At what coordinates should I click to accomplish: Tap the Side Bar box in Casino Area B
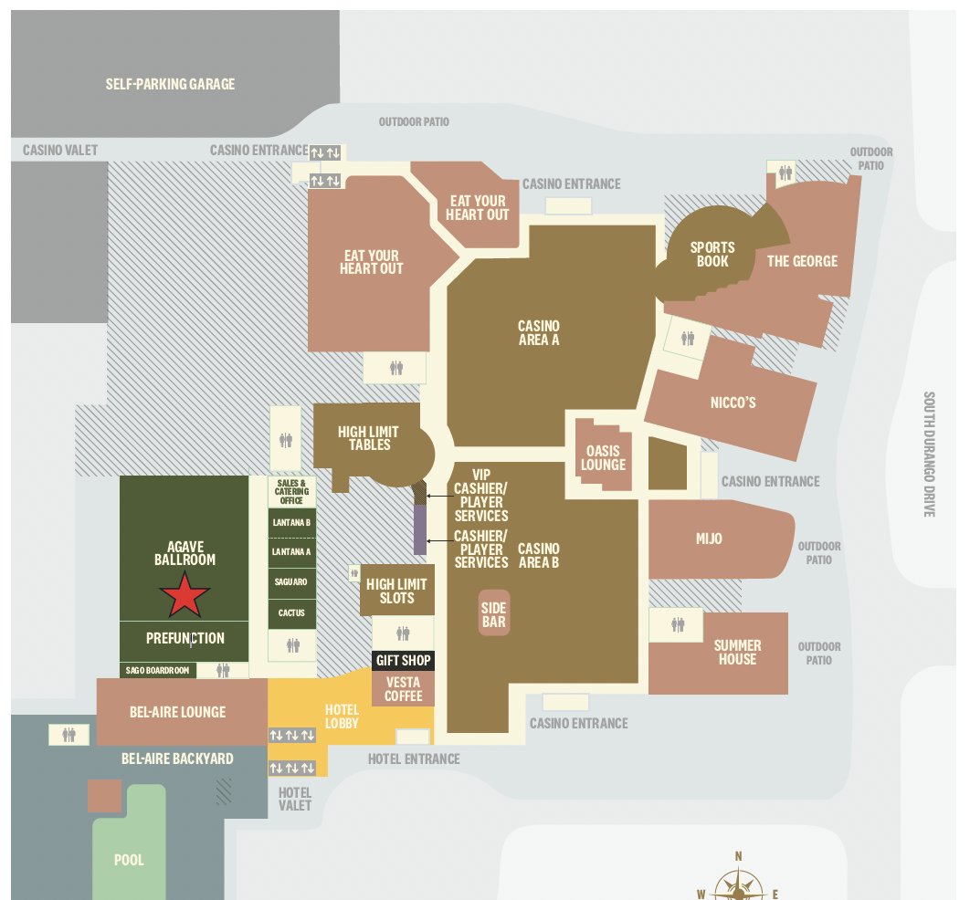[493, 614]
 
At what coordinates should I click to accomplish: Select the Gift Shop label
[403, 660]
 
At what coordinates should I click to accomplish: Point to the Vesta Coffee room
[403, 689]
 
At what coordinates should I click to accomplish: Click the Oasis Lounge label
[603, 457]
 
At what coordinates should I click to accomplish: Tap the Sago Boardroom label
[158, 670]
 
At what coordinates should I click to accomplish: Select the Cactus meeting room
[291, 612]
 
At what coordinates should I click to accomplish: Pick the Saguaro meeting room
[291, 581]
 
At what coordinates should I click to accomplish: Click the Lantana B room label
[291, 523]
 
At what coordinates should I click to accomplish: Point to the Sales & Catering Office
[291, 492]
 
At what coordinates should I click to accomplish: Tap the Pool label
[129, 860]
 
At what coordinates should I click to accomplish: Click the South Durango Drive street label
[929, 455]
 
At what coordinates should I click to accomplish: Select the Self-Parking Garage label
[170, 84]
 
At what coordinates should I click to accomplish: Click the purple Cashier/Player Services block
[421, 529]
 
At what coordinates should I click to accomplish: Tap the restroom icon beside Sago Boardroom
[224, 670]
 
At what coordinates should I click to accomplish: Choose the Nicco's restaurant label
[733, 403]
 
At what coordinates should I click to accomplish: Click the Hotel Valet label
[295, 799]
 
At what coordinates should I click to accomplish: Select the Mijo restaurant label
[709, 539]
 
